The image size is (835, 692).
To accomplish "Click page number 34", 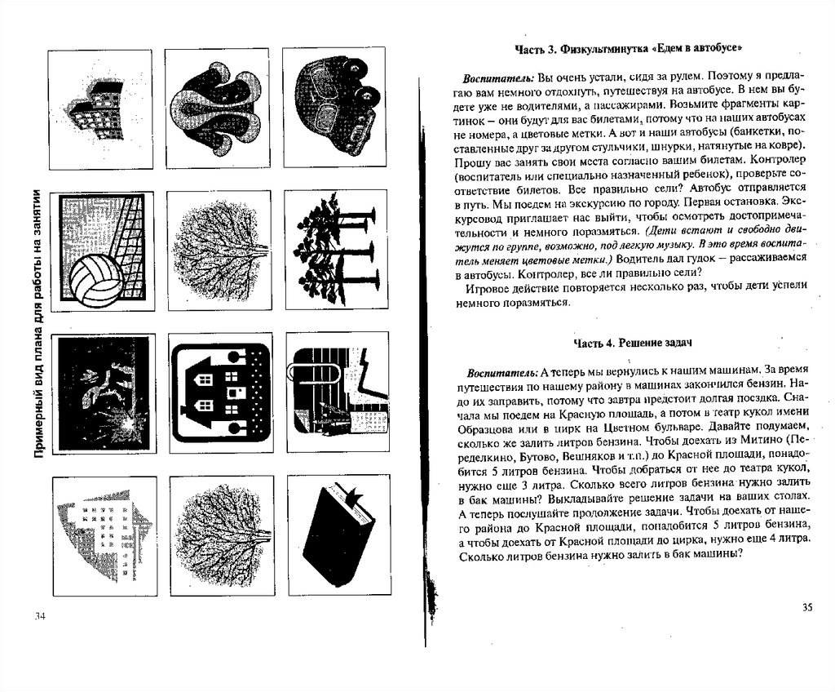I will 40,614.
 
